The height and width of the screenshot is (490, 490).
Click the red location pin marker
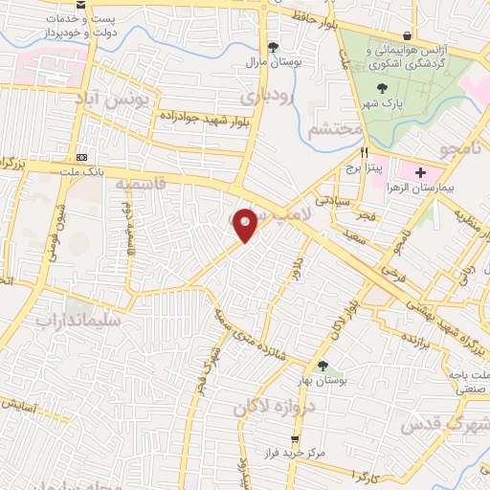246,225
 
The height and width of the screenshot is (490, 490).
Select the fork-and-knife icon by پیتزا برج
363,152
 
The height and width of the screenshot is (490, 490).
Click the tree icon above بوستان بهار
323,366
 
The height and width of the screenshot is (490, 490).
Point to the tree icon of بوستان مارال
273,46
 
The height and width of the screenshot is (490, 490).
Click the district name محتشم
334,126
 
